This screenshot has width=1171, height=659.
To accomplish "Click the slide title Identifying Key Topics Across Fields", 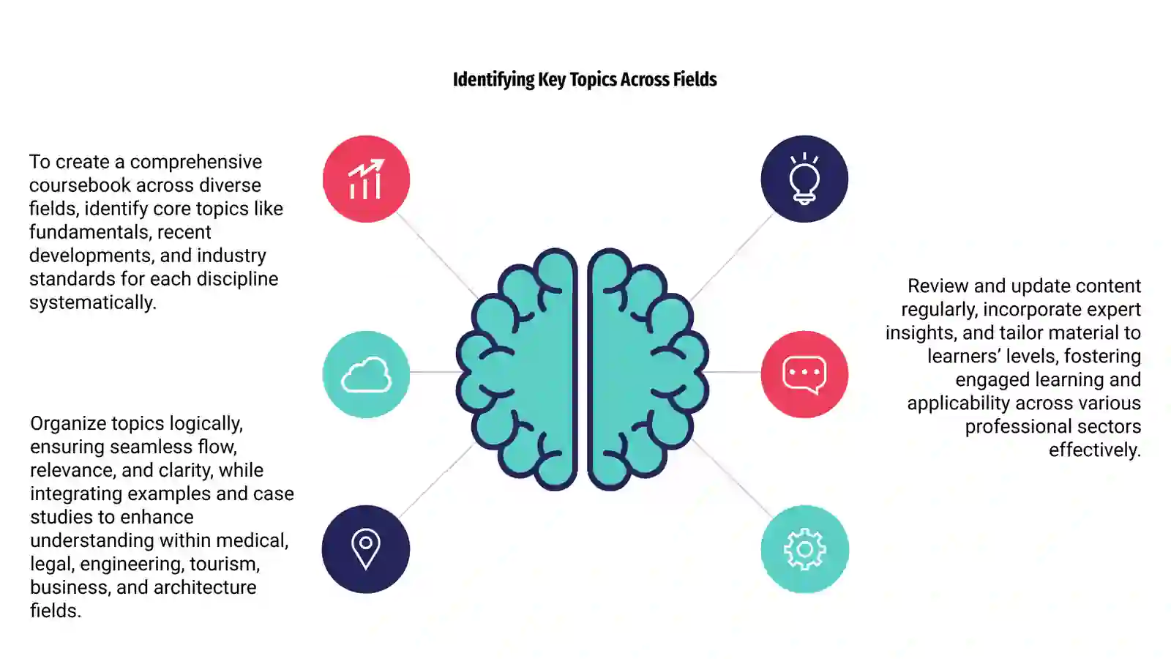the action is pos(585,80).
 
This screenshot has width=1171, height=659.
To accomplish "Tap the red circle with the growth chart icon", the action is pos(366,179).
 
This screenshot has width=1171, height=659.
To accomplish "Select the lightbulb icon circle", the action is pos(804,179).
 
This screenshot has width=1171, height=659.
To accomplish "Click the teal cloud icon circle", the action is pos(366,374).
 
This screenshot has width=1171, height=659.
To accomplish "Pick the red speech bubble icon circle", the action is pos(804,374).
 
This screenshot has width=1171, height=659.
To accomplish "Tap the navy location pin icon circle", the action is pos(366,548).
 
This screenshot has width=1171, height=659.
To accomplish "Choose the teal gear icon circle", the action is pos(804,548).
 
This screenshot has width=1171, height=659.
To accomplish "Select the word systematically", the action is pos(92,303).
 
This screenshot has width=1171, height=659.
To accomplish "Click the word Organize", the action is pos(68,424).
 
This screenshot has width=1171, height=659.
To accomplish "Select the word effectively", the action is pos(1095,450).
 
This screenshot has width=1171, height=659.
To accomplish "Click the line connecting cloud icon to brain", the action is pos(434,373).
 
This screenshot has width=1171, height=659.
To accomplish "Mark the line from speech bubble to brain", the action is pos(734,373).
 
